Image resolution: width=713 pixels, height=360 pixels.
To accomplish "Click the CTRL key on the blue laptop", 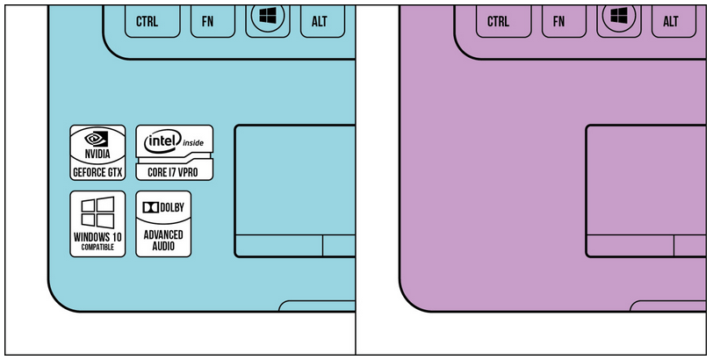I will [x=147, y=20].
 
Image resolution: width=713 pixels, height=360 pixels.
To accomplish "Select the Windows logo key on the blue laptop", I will [x=266, y=18].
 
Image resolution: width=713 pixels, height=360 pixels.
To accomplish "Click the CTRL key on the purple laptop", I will [x=498, y=20].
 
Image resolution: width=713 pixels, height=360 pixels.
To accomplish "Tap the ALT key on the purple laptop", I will [x=671, y=20].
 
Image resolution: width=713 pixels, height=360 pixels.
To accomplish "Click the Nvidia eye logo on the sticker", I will [x=97, y=138].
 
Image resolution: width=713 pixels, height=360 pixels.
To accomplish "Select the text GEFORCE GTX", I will [x=97, y=172].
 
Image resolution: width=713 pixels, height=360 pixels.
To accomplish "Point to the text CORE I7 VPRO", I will [x=174, y=172].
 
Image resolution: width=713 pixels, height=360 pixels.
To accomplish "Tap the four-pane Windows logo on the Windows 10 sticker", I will [x=97, y=212].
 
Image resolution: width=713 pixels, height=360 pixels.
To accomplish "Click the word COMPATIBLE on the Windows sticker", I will [x=97, y=248].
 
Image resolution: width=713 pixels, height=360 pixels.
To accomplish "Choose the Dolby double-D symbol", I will [x=150, y=207].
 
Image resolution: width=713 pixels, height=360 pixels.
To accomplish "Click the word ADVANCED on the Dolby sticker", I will [x=163, y=234].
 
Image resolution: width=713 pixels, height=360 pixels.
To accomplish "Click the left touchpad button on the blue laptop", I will [x=277, y=246].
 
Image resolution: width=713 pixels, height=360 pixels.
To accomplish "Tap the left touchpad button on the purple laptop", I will [x=630, y=246].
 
